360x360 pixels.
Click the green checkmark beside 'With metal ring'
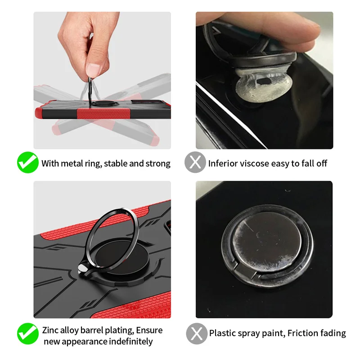click(27, 162)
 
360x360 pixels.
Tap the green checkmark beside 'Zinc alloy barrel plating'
click(27, 333)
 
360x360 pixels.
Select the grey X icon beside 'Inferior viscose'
click(195, 162)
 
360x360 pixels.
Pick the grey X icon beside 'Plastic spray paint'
click(197, 333)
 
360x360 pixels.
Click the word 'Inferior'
click(223, 163)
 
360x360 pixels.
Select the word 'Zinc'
click(50, 330)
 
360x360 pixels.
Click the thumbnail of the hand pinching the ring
click(102, 81)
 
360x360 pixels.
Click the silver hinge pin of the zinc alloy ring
click(82, 268)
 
